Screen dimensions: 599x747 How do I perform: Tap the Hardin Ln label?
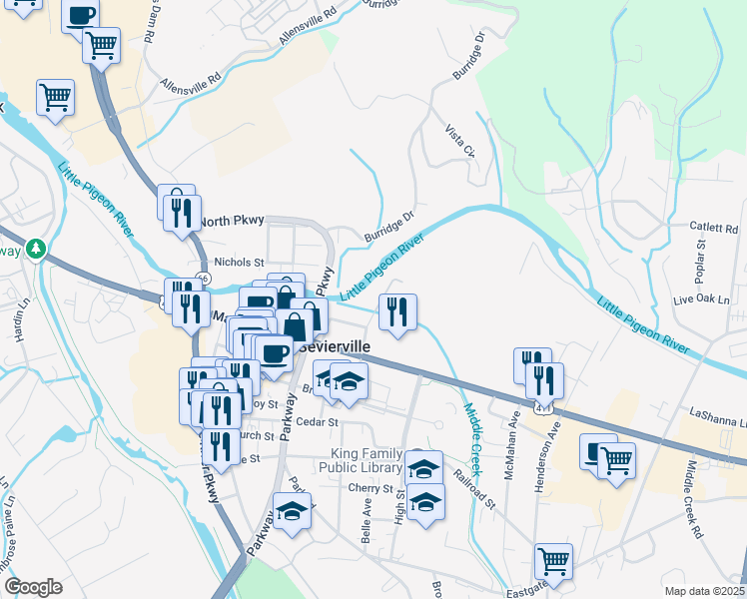coord(21,320)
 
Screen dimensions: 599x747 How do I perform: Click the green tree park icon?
coord(37,248)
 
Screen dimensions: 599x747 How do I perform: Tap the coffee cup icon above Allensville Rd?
coord(80,15)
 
